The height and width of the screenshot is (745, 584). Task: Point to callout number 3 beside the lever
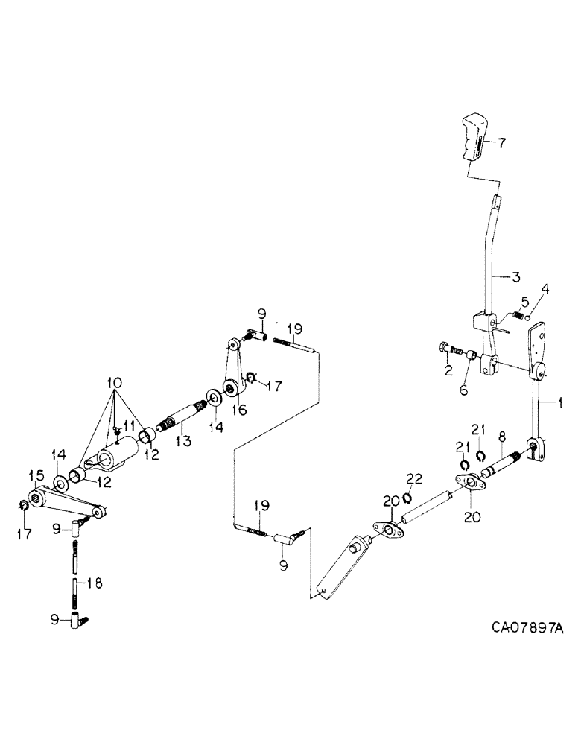(515, 277)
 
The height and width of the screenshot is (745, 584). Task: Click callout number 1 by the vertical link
(552, 403)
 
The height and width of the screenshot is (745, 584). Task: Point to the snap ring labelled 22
(408, 497)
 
